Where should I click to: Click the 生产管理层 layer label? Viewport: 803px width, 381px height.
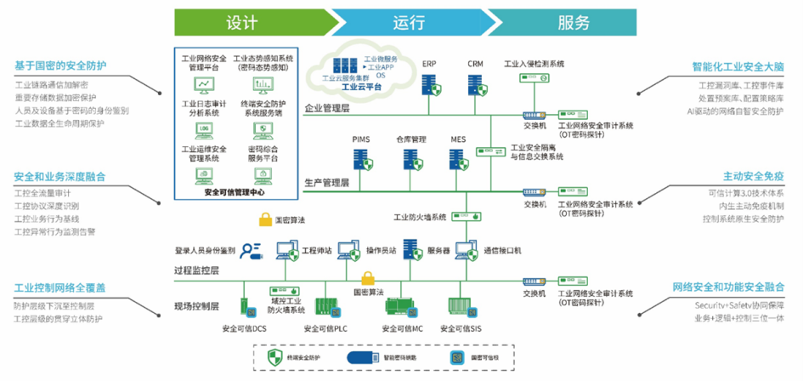tap(327, 182)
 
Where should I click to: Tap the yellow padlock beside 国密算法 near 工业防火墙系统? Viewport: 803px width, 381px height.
tap(265, 219)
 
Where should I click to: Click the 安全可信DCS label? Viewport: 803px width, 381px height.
tap(244, 328)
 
